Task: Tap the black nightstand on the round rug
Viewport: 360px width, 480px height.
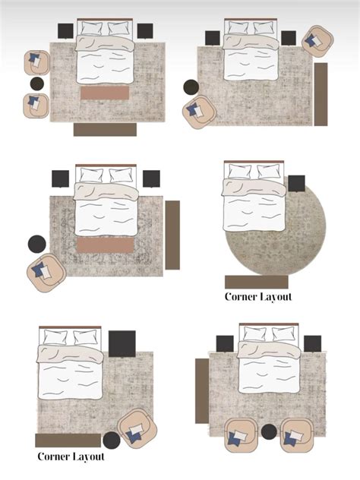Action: click(296, 183)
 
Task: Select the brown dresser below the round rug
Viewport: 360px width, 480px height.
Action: click(257, 282)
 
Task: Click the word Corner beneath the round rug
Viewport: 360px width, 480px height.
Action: click(240, 297)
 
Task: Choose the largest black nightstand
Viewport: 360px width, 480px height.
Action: click(122, 344)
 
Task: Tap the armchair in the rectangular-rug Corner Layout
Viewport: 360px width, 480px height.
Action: click(137, 428)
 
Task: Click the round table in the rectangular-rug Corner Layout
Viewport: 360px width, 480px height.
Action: click(112, 441)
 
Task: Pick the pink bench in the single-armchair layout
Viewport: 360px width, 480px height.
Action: click(105, 245)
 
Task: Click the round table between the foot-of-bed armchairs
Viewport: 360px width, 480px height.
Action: click(269, 431)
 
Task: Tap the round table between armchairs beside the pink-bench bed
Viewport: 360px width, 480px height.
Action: click(37, 84)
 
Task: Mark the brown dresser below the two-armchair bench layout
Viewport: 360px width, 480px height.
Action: click(105, 129)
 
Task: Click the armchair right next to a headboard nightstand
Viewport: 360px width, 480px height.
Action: click(317, 41)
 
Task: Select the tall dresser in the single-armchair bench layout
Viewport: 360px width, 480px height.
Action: click(172, 235)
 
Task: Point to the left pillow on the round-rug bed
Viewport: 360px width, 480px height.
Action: click(240, 172)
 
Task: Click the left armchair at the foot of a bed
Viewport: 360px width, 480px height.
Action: click(241, 436)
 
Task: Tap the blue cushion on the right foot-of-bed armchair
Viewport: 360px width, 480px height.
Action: click(289, 439)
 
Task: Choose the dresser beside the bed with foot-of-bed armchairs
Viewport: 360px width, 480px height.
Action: click(202, 391)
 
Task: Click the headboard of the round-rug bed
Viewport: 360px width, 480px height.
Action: click(254, 161)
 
